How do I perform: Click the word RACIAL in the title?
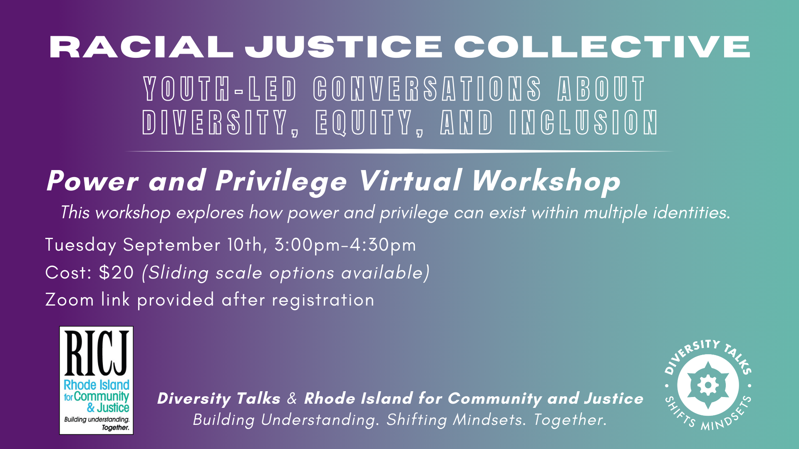[141, 47]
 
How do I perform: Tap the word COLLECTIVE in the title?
[602, 47]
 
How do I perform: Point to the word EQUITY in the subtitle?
[370, 123]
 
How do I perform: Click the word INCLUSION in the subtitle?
[583, 123]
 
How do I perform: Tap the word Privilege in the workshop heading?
[281, 182]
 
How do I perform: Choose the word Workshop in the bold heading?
[546, 182]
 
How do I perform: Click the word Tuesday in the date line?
[81, 245]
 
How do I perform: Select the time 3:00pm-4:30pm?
[345, 245]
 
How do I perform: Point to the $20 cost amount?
[117, 273]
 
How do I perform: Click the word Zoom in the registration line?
[69, 300]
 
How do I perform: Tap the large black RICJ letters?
[97, 353]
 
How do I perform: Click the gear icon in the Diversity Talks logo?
[708, 385]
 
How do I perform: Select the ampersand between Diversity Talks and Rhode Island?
[292, 398]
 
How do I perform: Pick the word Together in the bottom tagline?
[568, 420]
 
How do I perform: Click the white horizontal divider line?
[399, 151]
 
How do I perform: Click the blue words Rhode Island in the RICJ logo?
[97, 385]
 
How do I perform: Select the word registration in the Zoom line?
[323, 300]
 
